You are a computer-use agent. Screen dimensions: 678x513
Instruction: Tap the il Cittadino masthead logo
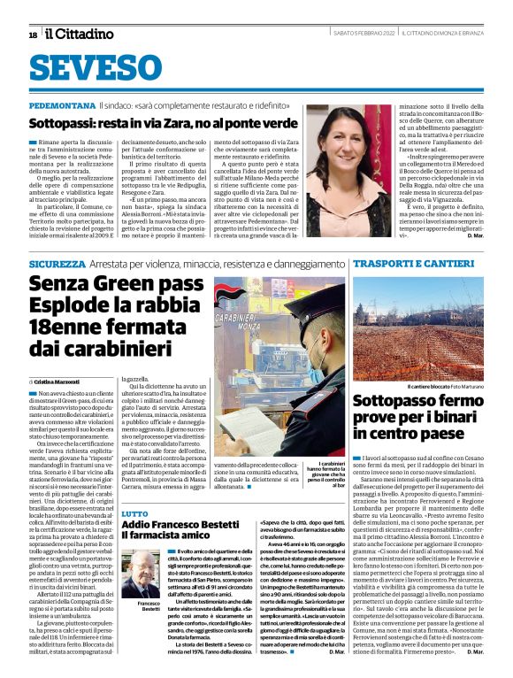point(80,34)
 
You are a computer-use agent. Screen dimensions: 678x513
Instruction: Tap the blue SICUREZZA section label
point(57,264)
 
